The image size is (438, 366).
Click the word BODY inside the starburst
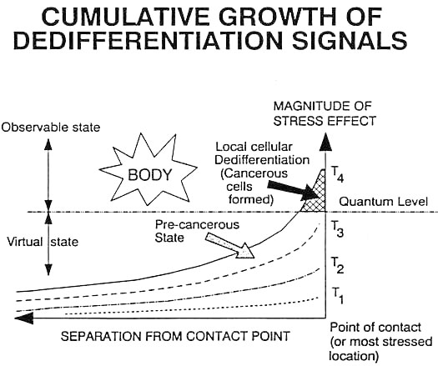[149, 175]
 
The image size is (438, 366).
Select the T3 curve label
[337, 228]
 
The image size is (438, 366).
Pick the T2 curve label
[337, 264]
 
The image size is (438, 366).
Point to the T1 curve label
[337, 295]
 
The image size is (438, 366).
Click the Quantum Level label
[383, 201]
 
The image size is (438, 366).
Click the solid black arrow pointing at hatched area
[295, 190]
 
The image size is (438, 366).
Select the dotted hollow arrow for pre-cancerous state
[230, 245]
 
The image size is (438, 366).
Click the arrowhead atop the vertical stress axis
[325, 143]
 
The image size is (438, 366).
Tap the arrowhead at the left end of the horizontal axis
[23, 318]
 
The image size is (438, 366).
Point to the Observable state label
[51, 128]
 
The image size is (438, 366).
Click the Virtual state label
[43, 242]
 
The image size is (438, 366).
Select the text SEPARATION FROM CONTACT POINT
[175, 336]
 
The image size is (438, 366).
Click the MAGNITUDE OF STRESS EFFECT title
[325, 113]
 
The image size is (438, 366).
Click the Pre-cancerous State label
[197, 231]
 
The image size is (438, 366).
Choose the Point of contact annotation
[381, 342]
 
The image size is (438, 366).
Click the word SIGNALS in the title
[350, 40]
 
